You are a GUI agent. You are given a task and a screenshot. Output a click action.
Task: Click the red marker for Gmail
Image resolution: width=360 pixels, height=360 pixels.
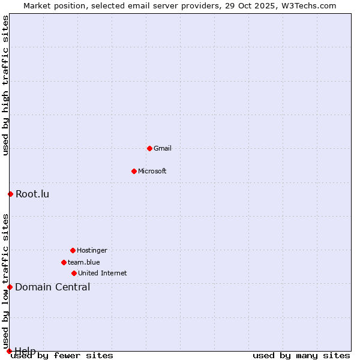(x=149, y=148)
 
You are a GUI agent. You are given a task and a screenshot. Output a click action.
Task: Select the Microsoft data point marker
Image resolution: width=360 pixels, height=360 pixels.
(x=134, y=171)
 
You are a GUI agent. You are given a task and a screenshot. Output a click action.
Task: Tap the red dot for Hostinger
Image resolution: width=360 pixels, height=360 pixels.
(x=73, y=250)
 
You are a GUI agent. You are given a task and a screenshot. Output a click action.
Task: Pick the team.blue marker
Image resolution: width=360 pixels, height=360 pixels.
(x=64, y=262)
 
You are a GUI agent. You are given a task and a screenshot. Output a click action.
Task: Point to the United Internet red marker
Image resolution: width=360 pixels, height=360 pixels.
(x=74, y=273)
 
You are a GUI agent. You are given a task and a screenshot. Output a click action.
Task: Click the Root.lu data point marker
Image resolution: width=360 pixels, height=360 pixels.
(x=10, y=194)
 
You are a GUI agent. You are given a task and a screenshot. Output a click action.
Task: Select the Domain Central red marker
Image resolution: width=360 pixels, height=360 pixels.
(x=10, y=287)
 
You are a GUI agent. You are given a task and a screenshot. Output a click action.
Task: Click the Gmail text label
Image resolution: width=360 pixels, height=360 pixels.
(x=163, y=148)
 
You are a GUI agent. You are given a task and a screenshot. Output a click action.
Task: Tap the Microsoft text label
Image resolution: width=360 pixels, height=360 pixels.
(x=152, y=171)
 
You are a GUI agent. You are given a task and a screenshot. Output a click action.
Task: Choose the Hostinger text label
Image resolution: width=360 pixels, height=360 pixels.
(x=92, y=250)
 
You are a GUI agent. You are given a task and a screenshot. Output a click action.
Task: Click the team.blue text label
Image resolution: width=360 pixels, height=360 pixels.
(x=84, y=262)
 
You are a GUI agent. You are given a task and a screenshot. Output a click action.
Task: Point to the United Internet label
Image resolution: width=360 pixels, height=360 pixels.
(x=103, y=273)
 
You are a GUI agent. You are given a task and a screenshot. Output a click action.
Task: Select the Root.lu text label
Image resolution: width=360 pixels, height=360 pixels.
(x=32, y=194)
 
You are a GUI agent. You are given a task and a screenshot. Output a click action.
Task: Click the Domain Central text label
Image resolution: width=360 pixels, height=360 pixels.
(x=53, y=287)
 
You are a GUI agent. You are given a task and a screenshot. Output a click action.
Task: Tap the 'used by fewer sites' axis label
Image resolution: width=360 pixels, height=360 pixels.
(x=62, y=355)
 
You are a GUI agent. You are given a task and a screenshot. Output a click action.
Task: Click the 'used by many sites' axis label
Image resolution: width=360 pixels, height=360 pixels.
(x=301, y=355)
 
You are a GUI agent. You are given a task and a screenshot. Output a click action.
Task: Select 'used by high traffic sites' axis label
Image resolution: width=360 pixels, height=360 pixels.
(x=5, y=85)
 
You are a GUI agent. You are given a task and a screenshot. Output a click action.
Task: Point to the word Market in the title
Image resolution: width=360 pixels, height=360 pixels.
(x=38, y=5)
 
